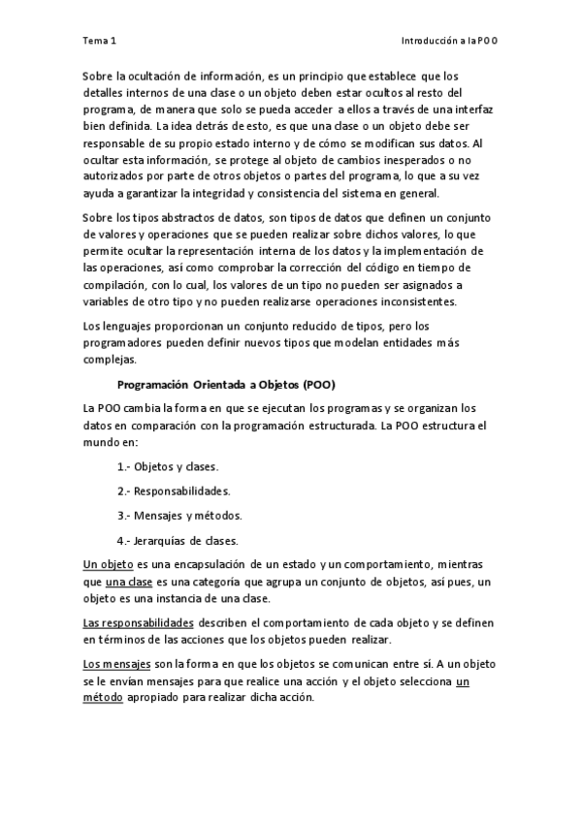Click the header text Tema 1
coord(100,41)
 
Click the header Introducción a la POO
coord(456,41)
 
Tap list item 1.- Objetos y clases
coord(168,465)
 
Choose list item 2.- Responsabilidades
coord(173,490)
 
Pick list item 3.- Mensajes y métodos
coord(179,515)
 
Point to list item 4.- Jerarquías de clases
coord(178,540)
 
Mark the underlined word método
coord(103,700)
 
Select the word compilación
coord(117,286)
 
